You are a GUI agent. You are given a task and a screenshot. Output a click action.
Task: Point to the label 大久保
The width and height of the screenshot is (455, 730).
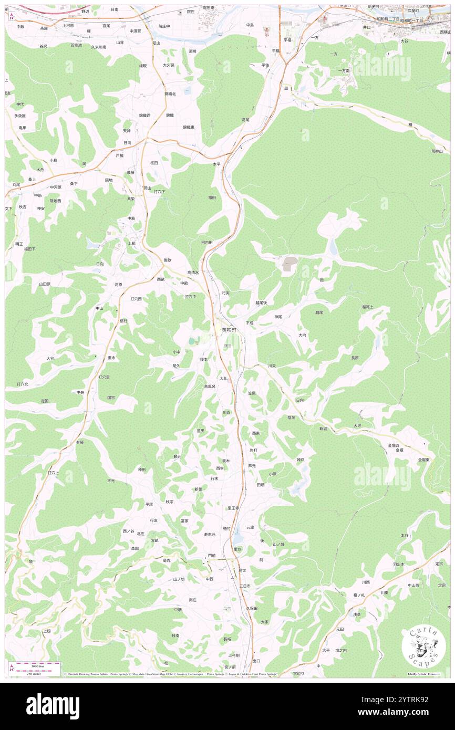coord(168,65)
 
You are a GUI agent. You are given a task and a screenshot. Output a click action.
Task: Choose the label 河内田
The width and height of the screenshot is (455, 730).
coord(206,243)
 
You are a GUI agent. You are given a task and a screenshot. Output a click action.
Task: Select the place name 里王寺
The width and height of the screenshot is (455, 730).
coord(233,508)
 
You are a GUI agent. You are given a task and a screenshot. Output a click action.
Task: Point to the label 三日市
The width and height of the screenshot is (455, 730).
coord(245,586)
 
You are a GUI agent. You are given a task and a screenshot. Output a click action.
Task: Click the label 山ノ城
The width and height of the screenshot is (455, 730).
coord(278,545)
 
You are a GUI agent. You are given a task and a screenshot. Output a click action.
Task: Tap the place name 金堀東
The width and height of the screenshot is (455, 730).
coord(424,460)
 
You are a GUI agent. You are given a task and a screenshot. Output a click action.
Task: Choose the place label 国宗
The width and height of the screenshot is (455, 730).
coord(111,398)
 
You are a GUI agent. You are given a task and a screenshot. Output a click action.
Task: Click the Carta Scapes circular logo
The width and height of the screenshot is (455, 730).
coord(423,645)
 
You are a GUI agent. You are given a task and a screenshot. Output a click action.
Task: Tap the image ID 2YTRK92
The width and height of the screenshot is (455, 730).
coord(412,700)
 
